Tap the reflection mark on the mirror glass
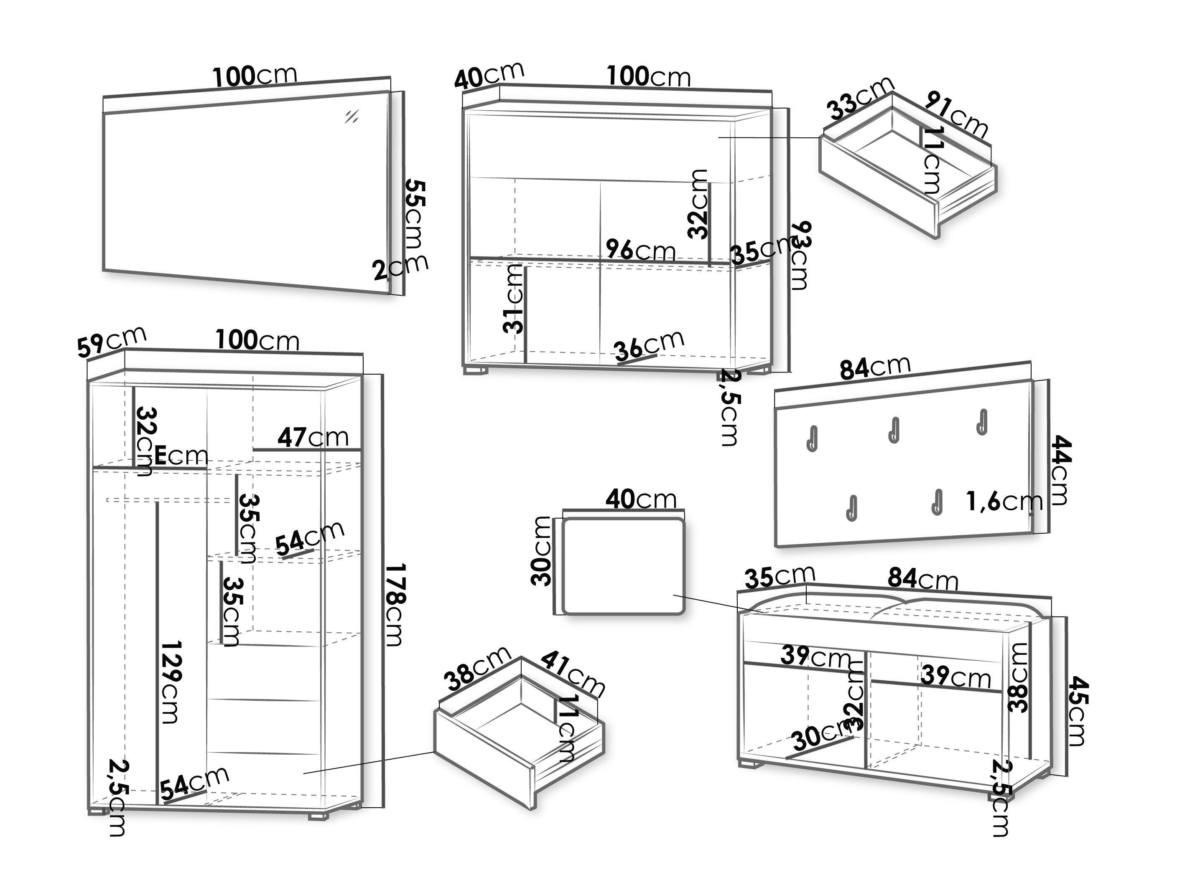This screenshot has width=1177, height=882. [351, 117]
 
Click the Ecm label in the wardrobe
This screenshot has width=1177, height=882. [181, 456]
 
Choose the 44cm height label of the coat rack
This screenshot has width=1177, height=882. [1059, 471]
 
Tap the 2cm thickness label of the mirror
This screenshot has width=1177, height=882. [400, 267]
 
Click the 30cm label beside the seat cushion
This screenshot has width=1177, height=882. [542, 550]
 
